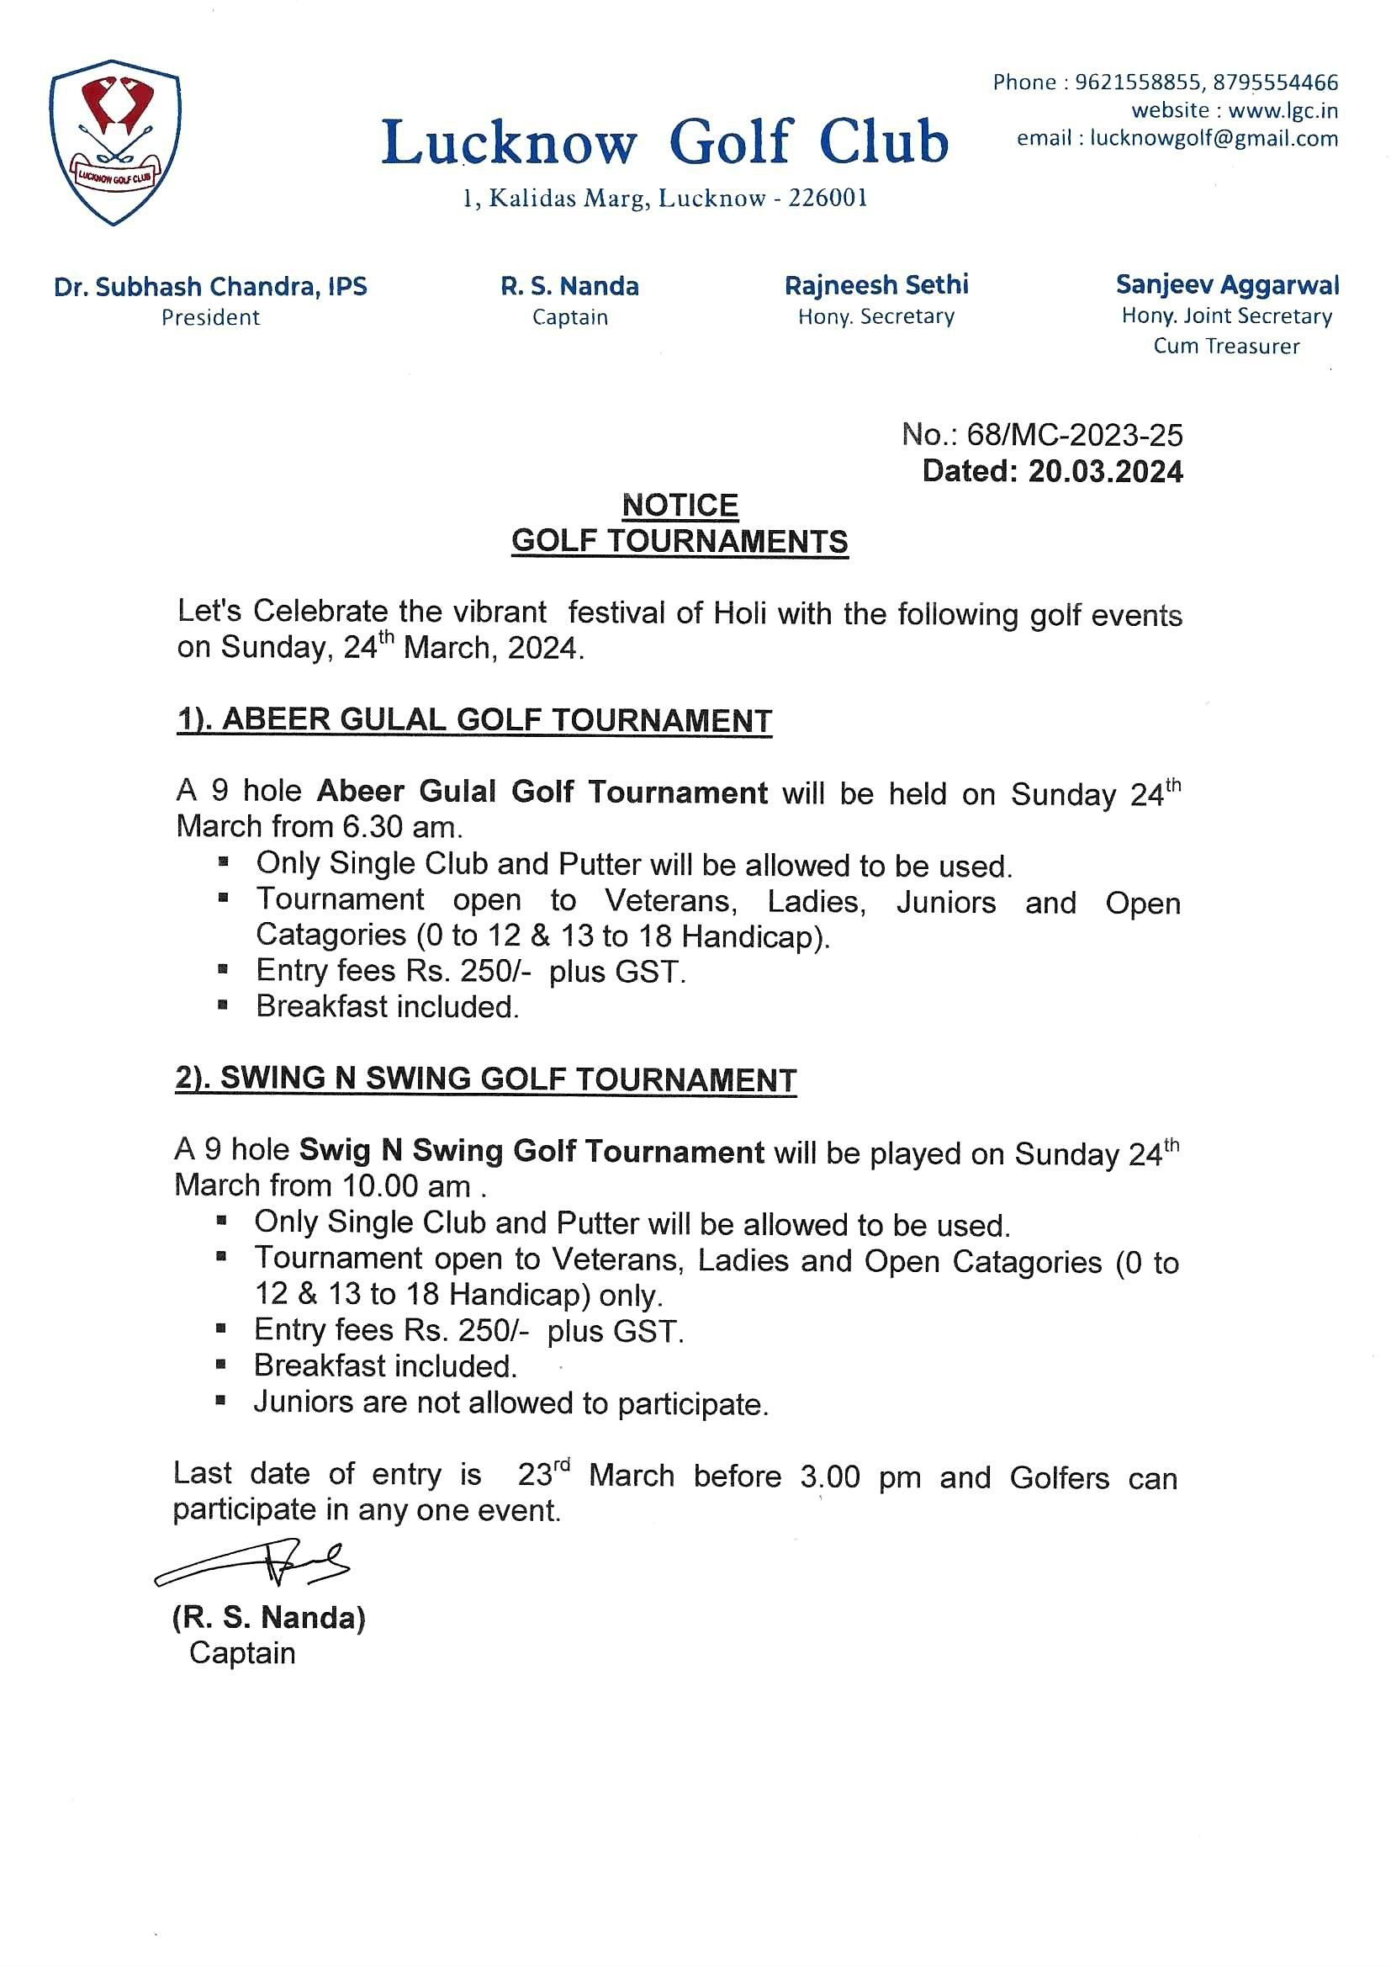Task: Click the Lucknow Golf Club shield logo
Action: point(114,142)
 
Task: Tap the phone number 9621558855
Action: point(1138,82)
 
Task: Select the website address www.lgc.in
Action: point(1283,110)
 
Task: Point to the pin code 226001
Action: point(828,199)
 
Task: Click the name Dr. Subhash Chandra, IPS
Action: point(211,286)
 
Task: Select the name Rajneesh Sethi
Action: point(876,285)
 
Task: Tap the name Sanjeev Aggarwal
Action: point(1226,284)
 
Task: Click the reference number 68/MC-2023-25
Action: point(1074,435)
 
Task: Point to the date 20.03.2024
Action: point(1105,471)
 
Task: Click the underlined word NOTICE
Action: point(680,506)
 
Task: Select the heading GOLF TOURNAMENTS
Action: point(680,542)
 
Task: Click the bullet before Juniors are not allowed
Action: point(221,1402)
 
